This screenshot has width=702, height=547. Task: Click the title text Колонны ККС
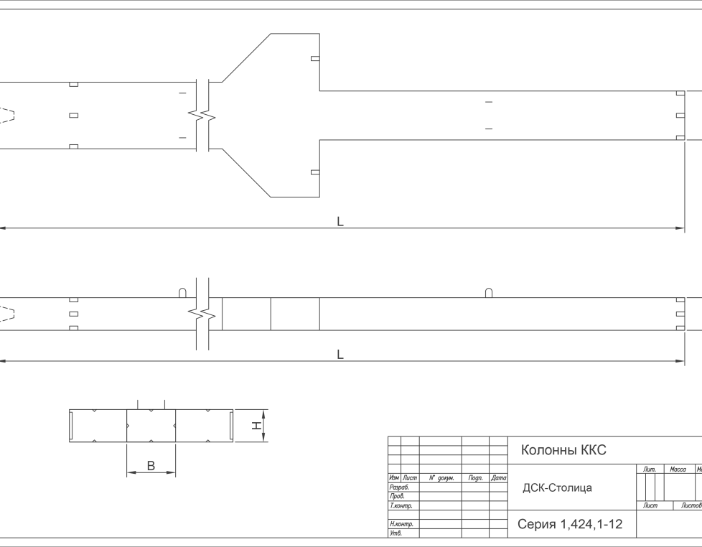(563, 450)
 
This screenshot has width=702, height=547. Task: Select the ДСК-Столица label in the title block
(557, 488)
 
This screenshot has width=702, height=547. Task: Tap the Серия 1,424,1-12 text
(570, 525)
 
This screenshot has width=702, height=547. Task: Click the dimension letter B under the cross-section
(151, 466)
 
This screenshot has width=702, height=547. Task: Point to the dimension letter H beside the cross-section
(256, 426)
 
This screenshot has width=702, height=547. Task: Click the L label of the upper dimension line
(340, 222)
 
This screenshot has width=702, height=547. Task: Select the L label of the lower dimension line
(340, 355)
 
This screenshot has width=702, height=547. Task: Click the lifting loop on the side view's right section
(489, 293)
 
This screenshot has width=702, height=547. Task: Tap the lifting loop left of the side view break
(183, 293)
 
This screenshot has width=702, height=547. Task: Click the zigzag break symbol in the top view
(202, 115)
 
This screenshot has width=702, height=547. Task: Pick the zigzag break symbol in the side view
(202, 314)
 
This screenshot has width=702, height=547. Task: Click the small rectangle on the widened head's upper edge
(315, 59)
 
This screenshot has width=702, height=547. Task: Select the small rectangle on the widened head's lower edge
(315, 172)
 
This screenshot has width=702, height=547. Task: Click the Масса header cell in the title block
(678, 469)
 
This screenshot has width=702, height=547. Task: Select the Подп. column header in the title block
(474, 477)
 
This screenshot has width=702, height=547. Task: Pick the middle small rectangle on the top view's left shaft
(73, 116)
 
